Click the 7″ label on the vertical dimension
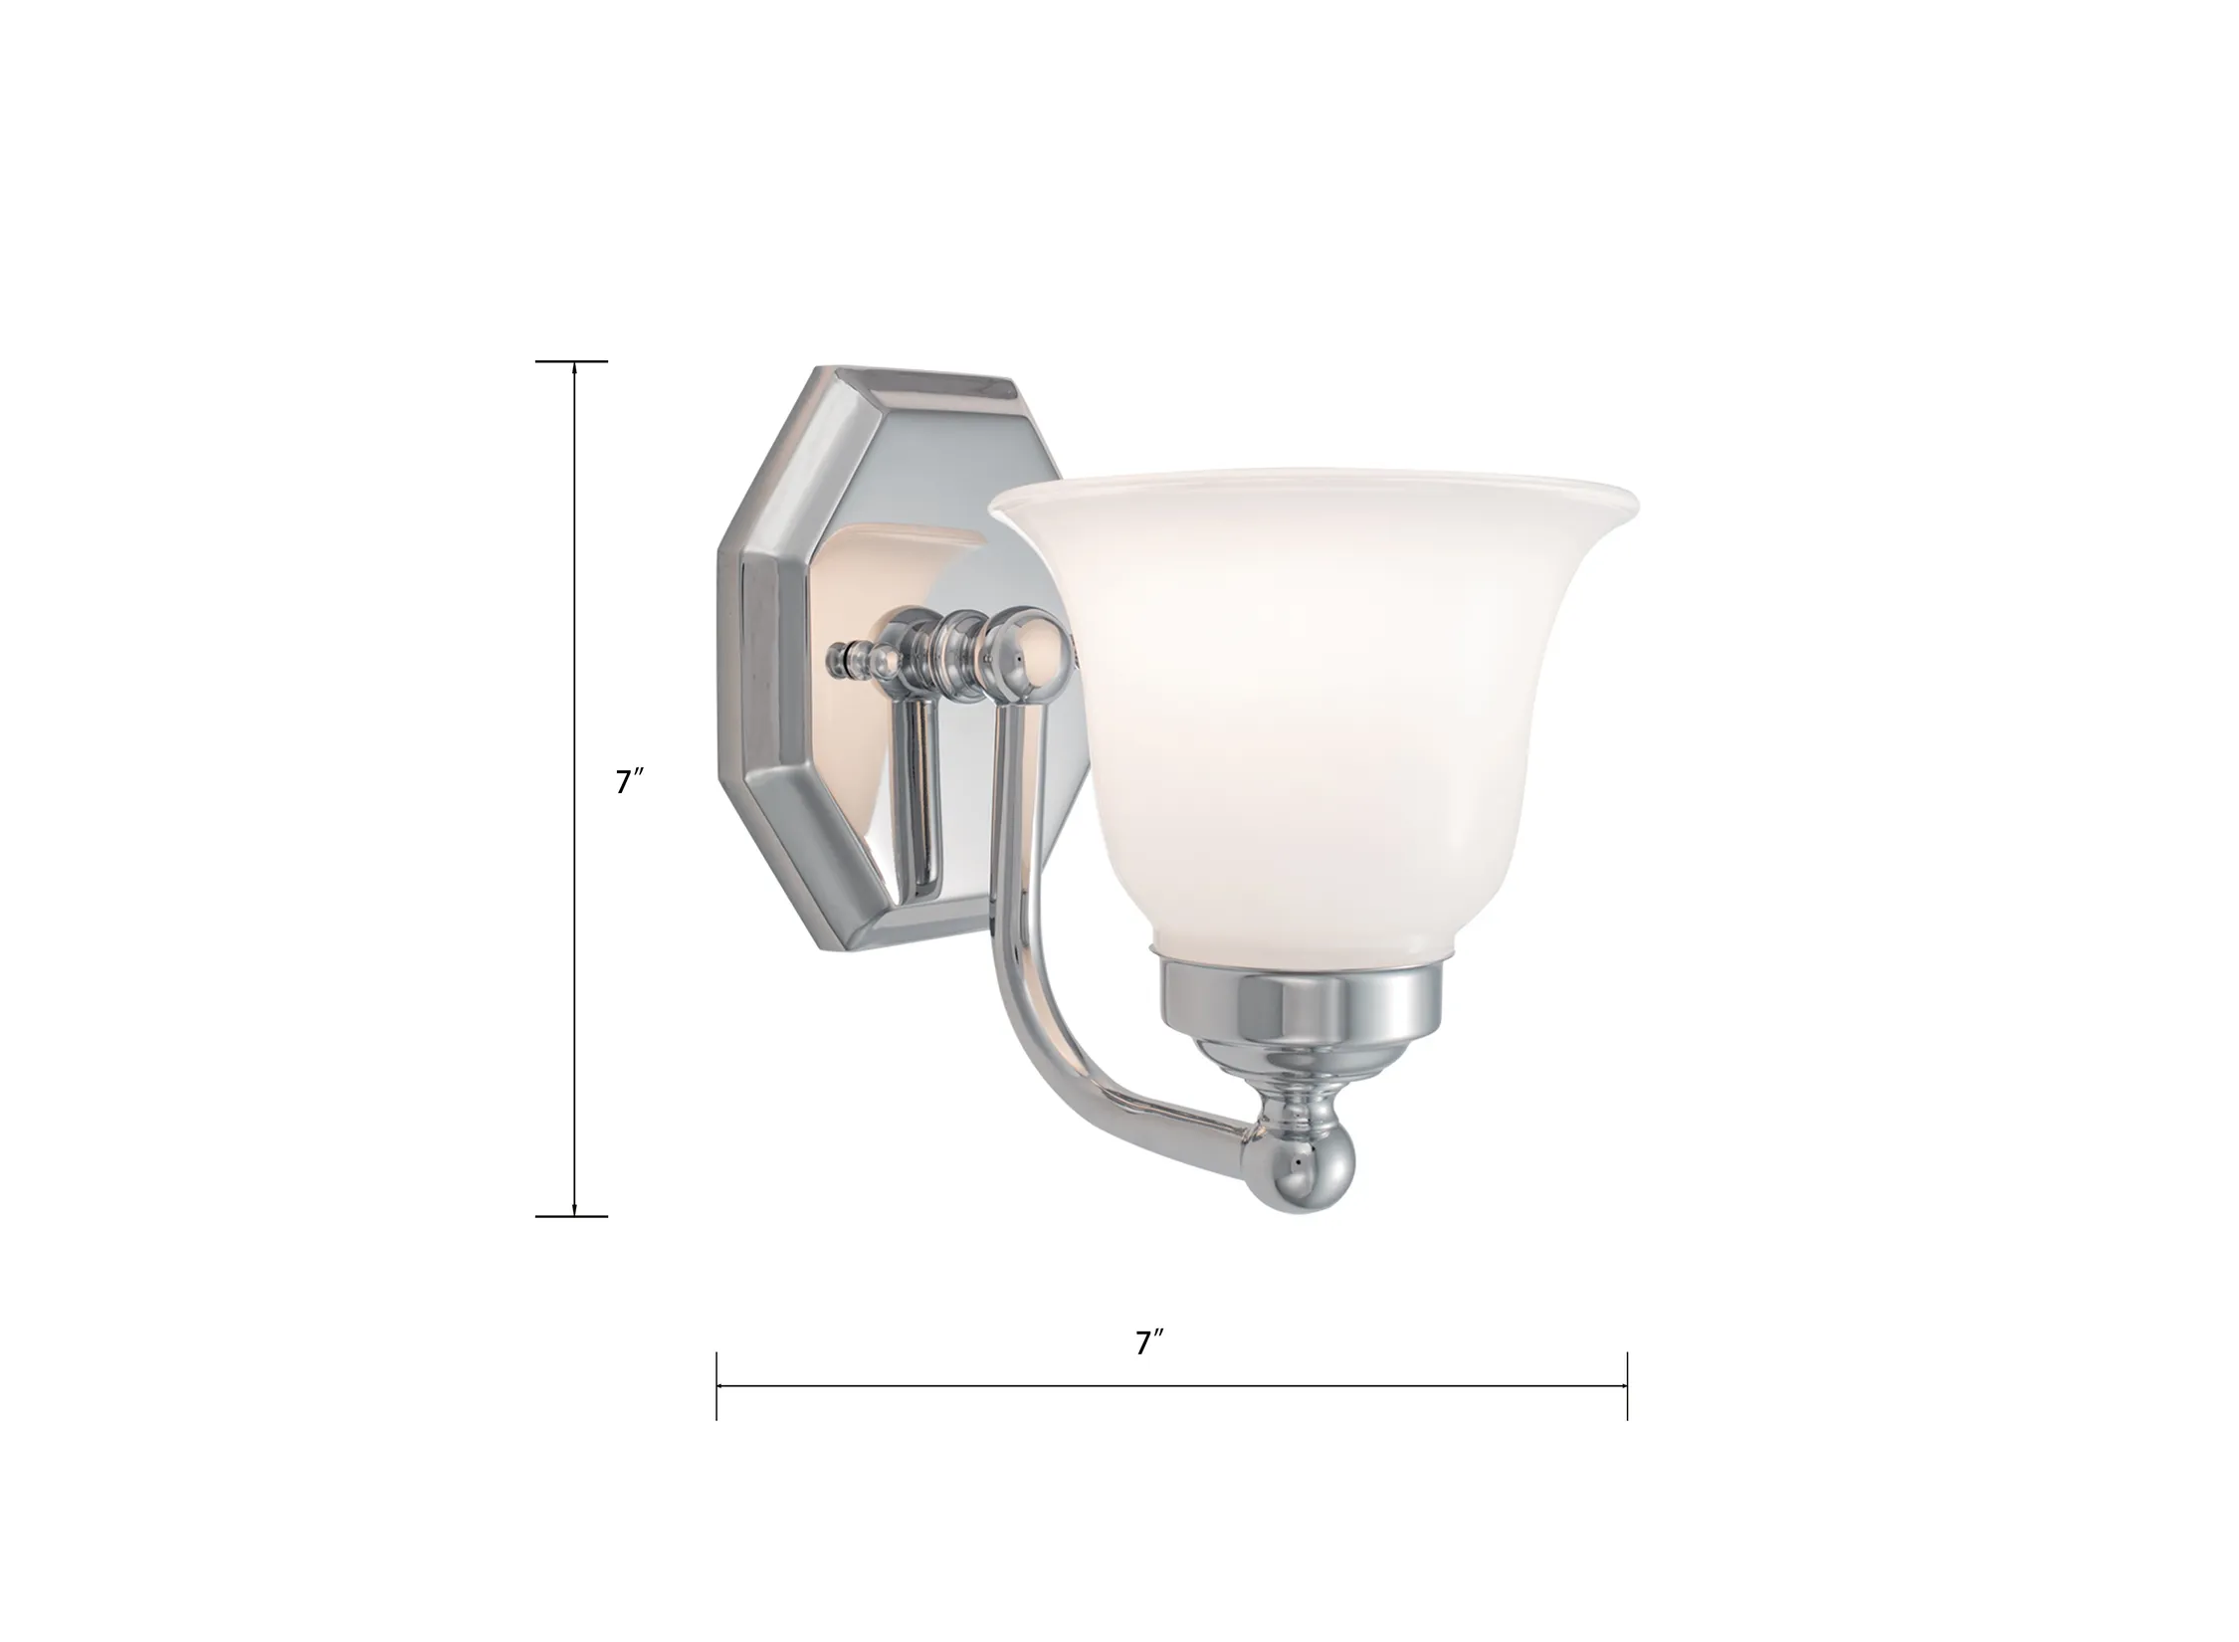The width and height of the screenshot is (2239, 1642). click(630, 782)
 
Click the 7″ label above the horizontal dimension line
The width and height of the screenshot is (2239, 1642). click(1149, 1342)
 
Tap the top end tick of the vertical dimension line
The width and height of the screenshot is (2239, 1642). click(571, 361)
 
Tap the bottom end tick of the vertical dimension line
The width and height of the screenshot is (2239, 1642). click(571, 1216)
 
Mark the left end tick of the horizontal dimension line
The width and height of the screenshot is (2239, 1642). click(716, 1385)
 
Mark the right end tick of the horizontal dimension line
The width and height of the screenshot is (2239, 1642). click(1627, 1385)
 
